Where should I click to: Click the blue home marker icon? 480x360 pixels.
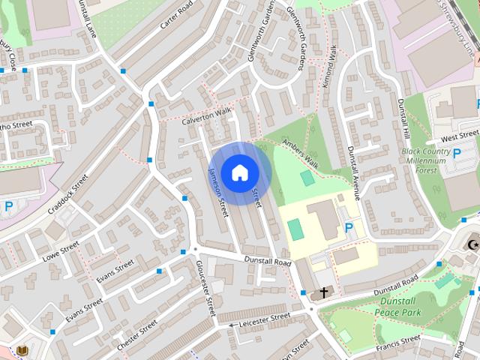pos(239,172)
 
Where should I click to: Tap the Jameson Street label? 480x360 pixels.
pos(217,193)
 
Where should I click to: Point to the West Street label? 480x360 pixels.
pos(460,139)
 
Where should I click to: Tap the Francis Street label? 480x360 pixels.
pos(400,343)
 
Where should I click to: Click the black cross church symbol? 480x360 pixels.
pos(324,292)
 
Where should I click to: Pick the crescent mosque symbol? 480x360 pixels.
pos(472,244)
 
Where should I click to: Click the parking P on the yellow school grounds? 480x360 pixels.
pos(349,227)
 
